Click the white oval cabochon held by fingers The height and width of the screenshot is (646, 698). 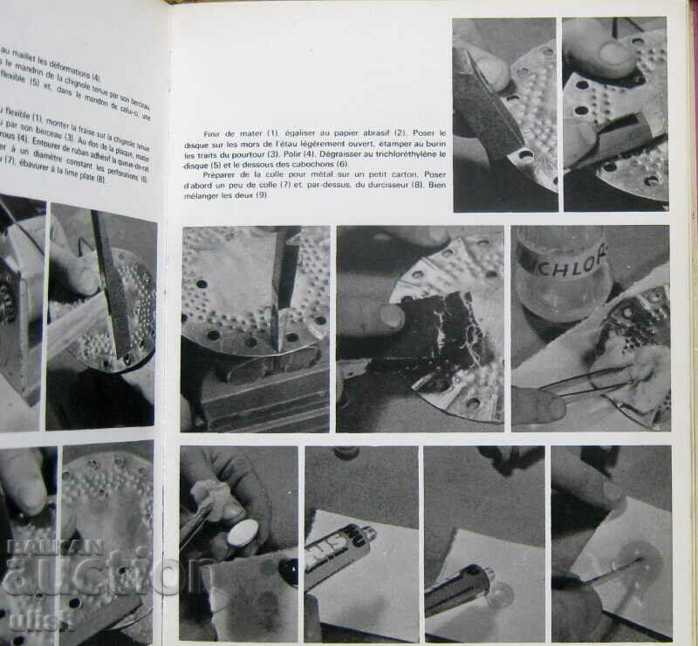click(x=242, y=533)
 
